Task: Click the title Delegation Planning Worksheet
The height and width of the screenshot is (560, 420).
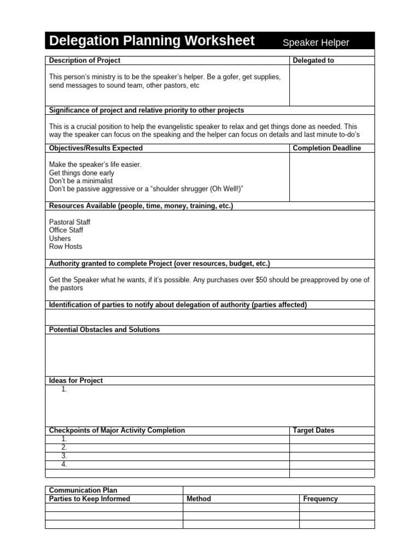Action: [x=151, y=41]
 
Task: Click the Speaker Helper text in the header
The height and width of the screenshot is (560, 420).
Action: [x=316, y=43]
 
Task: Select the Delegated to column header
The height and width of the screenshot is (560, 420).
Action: [x=313, y=61]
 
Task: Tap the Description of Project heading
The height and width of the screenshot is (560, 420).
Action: [x=85, y=61]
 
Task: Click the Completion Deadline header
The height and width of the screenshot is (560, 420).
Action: [x=326, y=148]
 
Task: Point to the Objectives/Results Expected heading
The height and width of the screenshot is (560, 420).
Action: [x=96, y=148]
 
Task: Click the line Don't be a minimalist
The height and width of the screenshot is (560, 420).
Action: [x=81, y=181]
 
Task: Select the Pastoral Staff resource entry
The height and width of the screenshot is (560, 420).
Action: [x=69, y=223]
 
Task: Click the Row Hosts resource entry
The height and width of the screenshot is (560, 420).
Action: [x=66, y=247]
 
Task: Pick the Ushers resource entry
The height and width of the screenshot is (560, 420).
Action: [x=60, y=238]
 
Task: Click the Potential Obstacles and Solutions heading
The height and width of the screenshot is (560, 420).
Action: [x=104, y=330]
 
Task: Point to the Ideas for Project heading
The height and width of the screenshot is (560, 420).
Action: [x=76, y=381]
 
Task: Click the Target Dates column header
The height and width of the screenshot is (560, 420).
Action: [x=313, y=430]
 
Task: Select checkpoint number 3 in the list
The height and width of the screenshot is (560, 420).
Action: [x=64, y=456]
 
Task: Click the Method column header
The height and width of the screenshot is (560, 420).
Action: [x=199, y=499]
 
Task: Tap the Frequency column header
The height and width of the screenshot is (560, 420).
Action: [x=320, y=499]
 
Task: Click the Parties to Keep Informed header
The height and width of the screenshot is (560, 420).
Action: [x=90, y=499]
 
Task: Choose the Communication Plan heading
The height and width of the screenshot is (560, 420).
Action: [x=83, y=491]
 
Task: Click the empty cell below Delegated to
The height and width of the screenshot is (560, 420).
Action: [x=331, y=85]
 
